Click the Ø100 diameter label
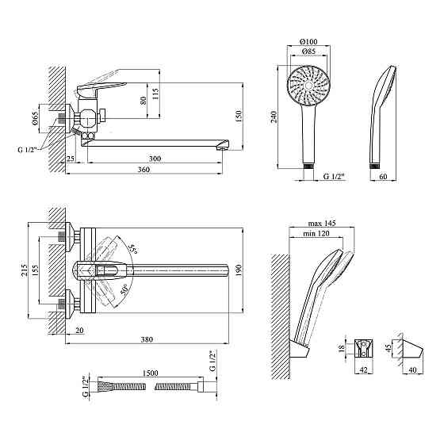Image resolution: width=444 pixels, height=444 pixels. click(x=308, y=41)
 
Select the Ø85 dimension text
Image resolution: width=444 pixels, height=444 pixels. click(x=308, y=52)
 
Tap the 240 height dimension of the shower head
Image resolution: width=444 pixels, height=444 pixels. click(x=274, y=117)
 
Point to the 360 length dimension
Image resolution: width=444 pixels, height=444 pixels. click(x=144, y=170)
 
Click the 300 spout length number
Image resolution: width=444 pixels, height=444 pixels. click(x=155, y=159)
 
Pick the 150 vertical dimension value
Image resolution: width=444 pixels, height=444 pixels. click(x=239, y=116)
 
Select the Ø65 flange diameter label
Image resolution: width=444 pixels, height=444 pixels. click(x=35, y=118)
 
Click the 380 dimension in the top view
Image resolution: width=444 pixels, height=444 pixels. click(x=147, y=339)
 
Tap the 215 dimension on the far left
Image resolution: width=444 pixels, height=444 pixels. click(x=24, y=270)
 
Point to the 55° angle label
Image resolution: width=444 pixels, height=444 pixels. click(x=132, y=249)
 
